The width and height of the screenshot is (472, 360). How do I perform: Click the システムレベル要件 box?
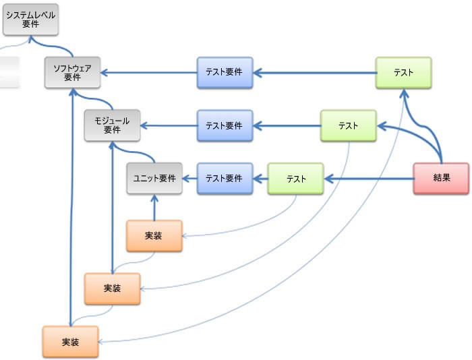pos(30,20)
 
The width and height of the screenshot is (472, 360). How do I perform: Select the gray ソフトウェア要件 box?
pos(72,73)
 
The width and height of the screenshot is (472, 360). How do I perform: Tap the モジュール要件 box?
pos(112,125)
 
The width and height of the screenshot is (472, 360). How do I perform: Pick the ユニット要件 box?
pos(154,179)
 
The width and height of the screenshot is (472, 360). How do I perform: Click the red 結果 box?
pos(441,179)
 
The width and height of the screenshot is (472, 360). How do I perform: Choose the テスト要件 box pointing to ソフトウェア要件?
pos(225,73)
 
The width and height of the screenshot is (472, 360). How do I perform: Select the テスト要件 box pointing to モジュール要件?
pos(225,125)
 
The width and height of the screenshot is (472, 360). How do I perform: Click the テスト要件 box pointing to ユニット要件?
pos(225,179)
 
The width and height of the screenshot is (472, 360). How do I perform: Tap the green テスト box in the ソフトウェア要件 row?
pos(403,73)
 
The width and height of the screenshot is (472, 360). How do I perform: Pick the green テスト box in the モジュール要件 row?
pos(348,125)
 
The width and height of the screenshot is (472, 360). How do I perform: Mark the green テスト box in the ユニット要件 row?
pos(296,179)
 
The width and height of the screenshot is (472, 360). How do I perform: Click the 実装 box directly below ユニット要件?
pos(154,236)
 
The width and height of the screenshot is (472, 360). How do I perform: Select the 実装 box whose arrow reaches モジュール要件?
pos(112,289)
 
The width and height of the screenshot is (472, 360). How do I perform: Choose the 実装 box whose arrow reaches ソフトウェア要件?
pos(70,342)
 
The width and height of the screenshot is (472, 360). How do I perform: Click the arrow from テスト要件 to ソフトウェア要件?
pos(148,73)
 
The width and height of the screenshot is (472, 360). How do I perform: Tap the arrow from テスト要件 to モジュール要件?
pos(169,125)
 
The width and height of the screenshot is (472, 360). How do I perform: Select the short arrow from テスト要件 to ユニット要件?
pos(189,179)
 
